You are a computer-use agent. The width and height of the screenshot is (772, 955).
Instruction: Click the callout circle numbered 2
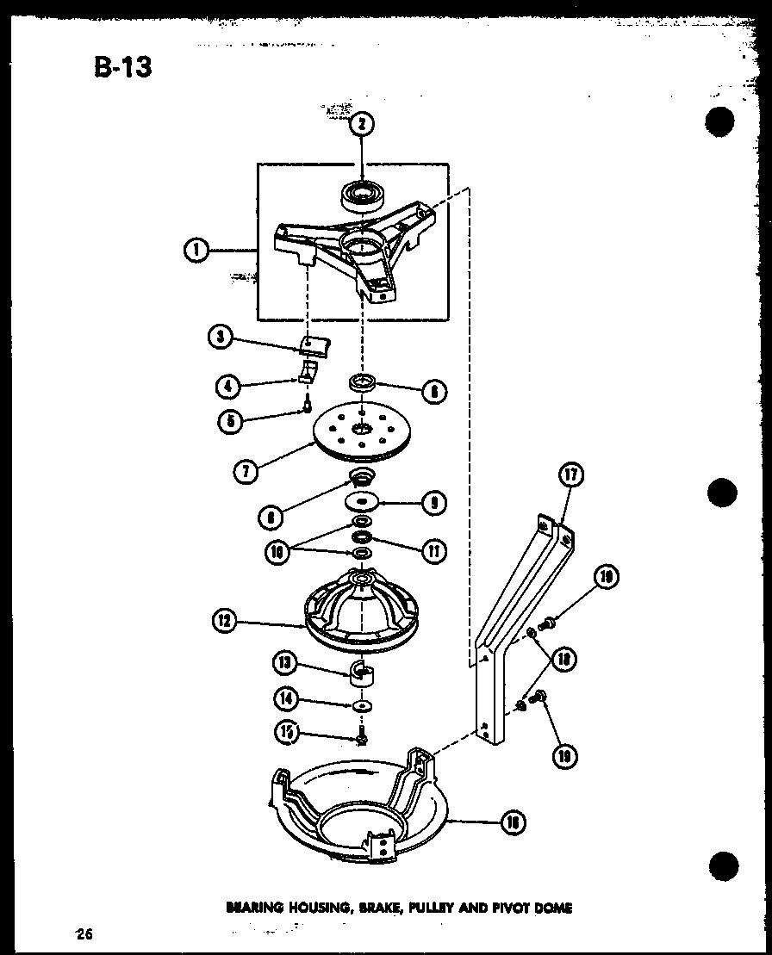point(361,125)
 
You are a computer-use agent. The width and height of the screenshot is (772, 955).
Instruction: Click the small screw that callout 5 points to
point(306,405)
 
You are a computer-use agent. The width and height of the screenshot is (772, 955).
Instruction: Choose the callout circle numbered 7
point(247,471)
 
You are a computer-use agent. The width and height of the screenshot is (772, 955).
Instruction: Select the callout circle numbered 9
point(434,502)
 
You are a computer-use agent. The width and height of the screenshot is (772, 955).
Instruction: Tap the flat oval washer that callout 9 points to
point(362,501)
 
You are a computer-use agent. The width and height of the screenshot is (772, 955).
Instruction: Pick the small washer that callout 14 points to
point(362,706)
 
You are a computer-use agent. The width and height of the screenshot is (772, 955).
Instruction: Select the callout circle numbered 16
point(514,822)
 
